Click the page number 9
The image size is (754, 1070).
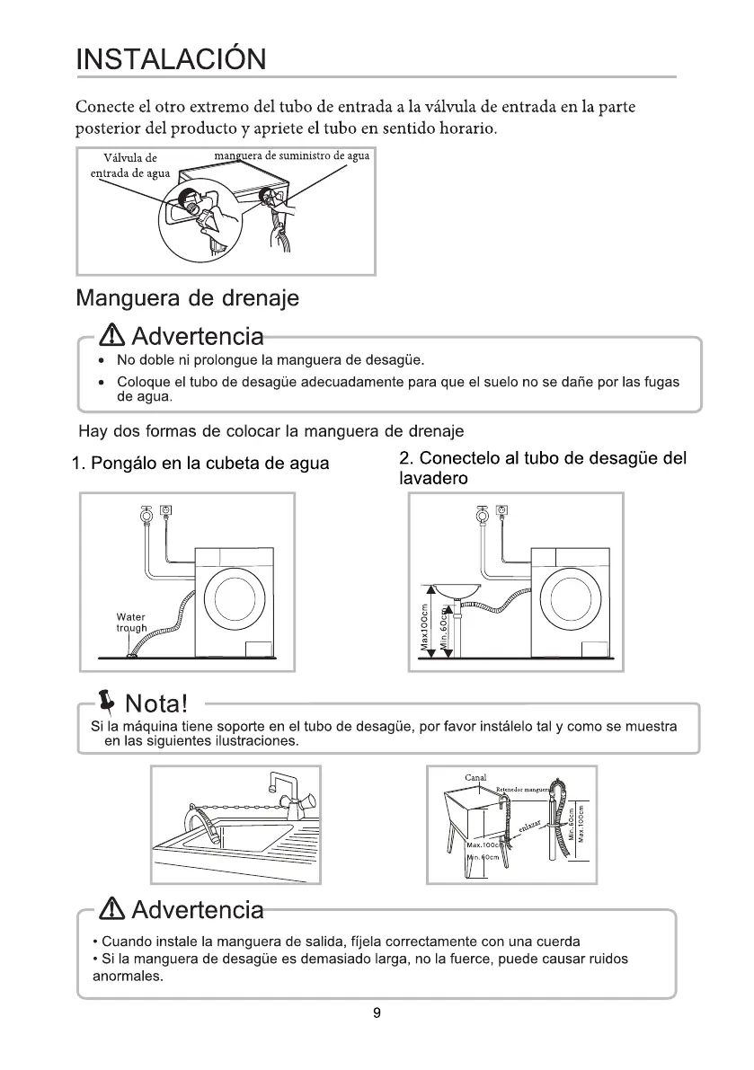(x=377, y=1014)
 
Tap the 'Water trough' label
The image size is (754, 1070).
(x=131, y=622)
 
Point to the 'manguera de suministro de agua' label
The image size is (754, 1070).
(x=292, y=156)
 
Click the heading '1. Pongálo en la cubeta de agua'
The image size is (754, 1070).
(x=200, y=464)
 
